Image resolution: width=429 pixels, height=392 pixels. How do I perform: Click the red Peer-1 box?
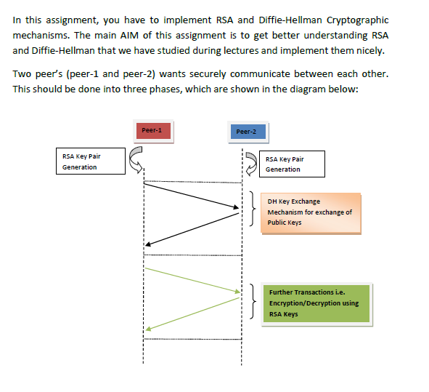(152, 131)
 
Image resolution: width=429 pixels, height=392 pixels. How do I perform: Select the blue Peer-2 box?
(246, 132)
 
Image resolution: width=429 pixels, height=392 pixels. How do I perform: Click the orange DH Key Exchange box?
(310, 212)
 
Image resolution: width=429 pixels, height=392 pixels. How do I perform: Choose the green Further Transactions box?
(319, 303)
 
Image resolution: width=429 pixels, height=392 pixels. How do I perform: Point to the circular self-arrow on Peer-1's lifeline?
(136, 160)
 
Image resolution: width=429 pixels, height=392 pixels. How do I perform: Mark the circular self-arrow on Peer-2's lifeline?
(250, 164)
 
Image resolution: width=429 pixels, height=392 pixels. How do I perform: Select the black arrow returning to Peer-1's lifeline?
(192, 233)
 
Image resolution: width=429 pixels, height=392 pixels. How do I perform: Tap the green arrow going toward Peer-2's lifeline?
(192, 280)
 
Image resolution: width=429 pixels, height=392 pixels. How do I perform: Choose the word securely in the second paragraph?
(217, 75)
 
